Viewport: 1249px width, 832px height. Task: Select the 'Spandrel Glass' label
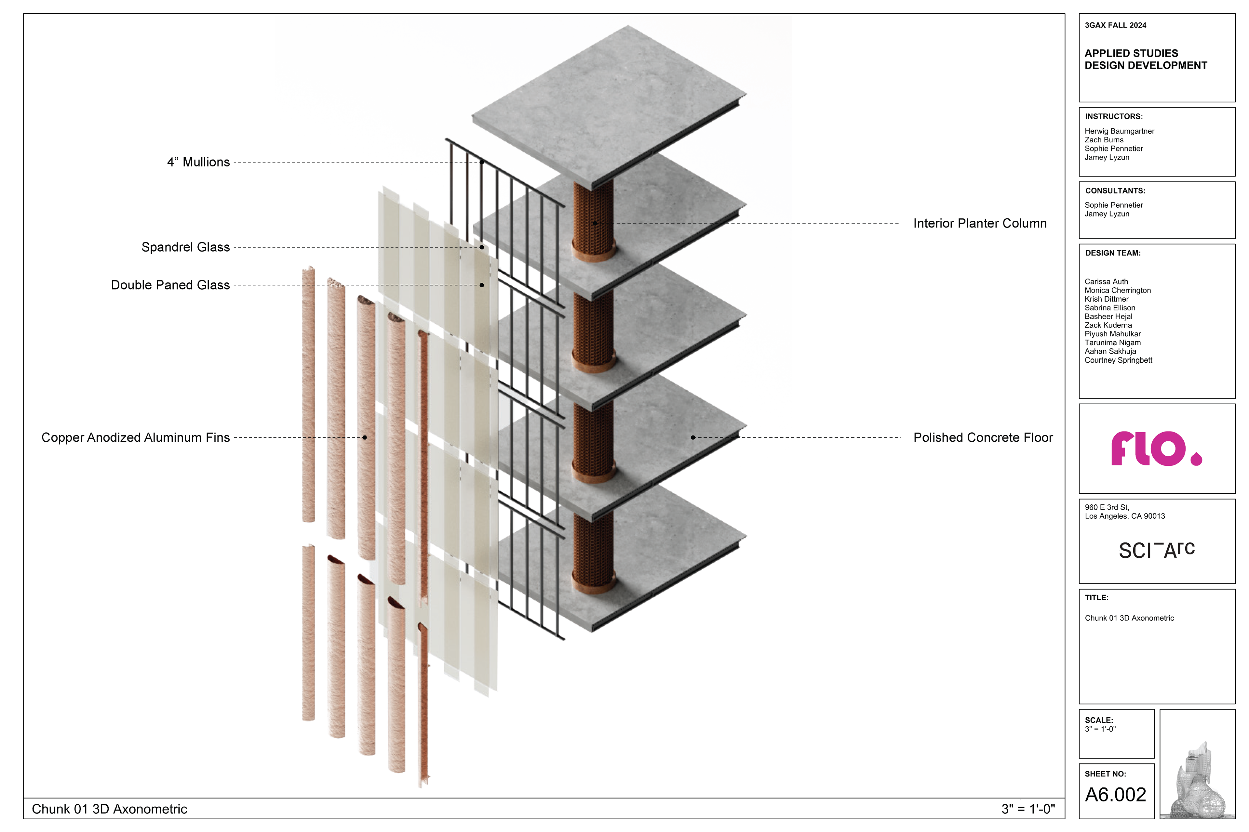tap(185, 247)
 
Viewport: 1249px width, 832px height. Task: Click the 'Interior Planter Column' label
tap(980, 223)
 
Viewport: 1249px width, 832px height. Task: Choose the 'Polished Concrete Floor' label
tap(983, 438)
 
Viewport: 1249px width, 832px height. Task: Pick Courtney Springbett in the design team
tap(1118, 360)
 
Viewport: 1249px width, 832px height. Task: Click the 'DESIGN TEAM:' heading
tap(1112, 253)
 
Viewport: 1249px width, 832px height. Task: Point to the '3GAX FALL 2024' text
tap(1115, 25)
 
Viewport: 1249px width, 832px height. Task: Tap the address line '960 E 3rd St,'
tap(1107, 507)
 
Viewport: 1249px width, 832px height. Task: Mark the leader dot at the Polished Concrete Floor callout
tap(693, 438)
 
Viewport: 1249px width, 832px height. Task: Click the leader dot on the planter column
tap(595, 223)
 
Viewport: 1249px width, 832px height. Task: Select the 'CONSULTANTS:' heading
tap(1115, 191)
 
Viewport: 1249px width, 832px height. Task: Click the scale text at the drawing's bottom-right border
tap(1028, 809)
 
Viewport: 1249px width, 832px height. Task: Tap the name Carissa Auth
tap(1106, 282)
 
